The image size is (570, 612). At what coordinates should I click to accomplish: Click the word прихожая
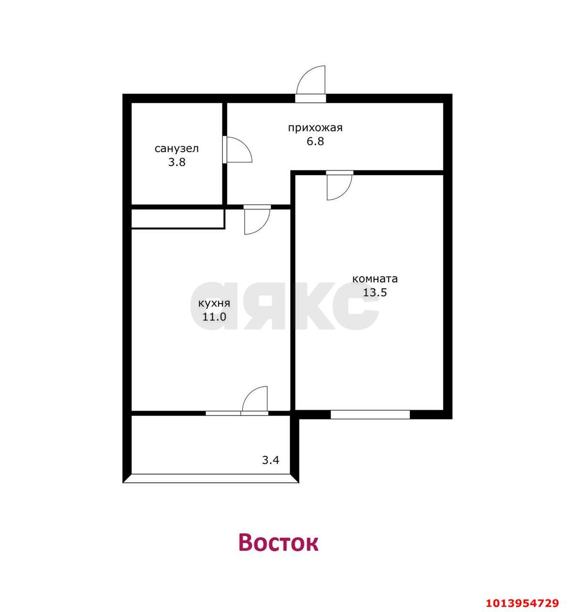315,128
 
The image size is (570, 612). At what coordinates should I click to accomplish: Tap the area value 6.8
315,142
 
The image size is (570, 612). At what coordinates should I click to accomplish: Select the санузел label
177,149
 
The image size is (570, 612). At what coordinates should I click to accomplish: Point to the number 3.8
177,162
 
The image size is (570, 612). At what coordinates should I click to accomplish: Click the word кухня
214,303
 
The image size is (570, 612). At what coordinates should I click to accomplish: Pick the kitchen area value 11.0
214,317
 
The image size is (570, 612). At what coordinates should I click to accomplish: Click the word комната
375,279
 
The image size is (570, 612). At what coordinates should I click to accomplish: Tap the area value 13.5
375,292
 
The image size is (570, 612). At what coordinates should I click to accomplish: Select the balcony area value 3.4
270,460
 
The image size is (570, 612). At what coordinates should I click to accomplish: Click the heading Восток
279,543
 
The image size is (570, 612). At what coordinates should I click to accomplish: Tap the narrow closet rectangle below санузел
178,219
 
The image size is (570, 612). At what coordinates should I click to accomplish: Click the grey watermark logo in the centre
285,306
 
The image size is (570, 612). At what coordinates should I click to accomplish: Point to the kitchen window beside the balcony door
223,413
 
